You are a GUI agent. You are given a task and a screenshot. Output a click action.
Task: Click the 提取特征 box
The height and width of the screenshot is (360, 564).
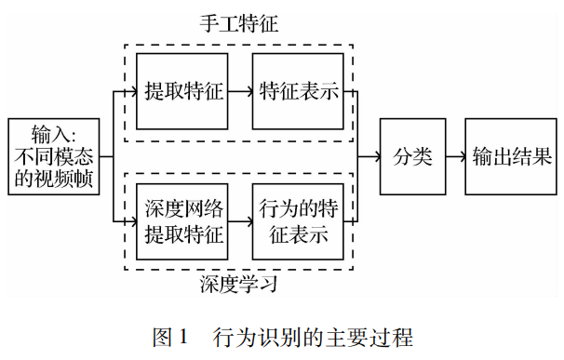coord(182,91)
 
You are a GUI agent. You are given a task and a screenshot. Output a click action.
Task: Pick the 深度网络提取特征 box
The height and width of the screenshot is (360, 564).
coord(182,220)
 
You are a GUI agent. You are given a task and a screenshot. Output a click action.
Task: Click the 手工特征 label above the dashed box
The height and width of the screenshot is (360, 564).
coord(239,25)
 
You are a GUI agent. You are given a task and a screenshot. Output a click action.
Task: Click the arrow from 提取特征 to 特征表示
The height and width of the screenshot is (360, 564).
coord(240,91)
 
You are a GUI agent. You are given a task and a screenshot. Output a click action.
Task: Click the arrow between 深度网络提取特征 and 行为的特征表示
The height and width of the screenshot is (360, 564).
coord(240,220)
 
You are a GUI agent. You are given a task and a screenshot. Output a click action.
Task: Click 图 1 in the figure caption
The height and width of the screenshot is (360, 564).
coord(170,336)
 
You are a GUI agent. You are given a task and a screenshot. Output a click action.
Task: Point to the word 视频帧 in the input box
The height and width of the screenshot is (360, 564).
coord(64,178)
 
